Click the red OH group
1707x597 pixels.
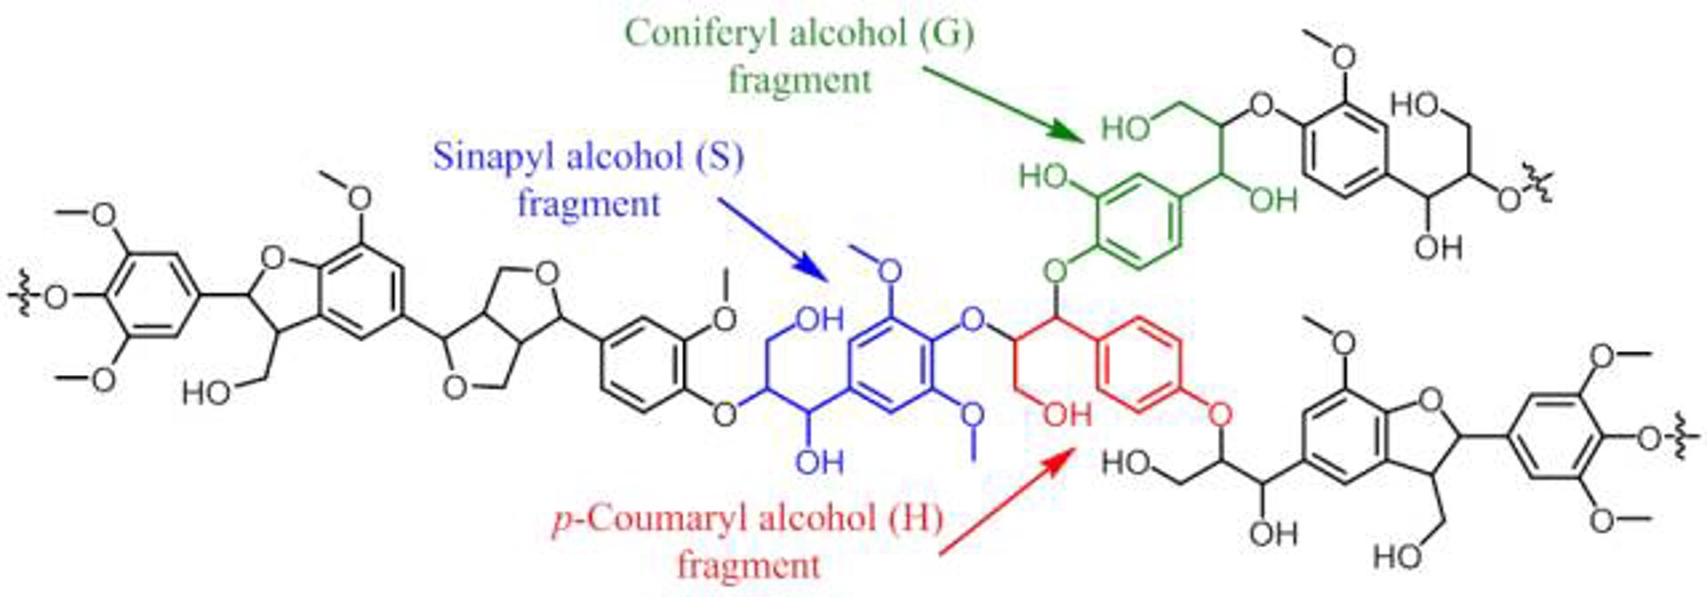pos(1067,413)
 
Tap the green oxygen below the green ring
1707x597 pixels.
pos(1055,267)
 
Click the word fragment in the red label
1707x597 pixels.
pos(749,564)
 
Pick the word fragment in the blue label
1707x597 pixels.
pos(589,204)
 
